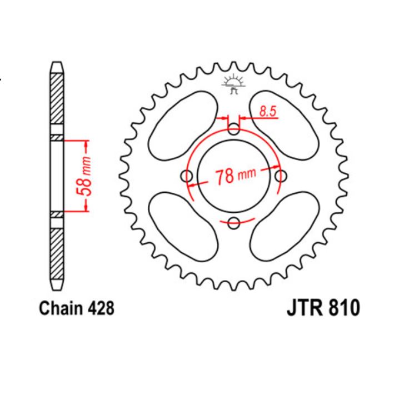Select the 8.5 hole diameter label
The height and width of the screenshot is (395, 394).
[267, 111]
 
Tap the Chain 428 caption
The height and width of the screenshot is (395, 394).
[77, 308]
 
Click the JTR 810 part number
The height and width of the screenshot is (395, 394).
[324, 308]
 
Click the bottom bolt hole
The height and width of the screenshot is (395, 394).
[234, 223]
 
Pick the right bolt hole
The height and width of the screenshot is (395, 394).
[281, 177]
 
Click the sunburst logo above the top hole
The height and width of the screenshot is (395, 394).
[233, 83]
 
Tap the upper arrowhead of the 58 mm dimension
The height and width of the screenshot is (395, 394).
[86, 146]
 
